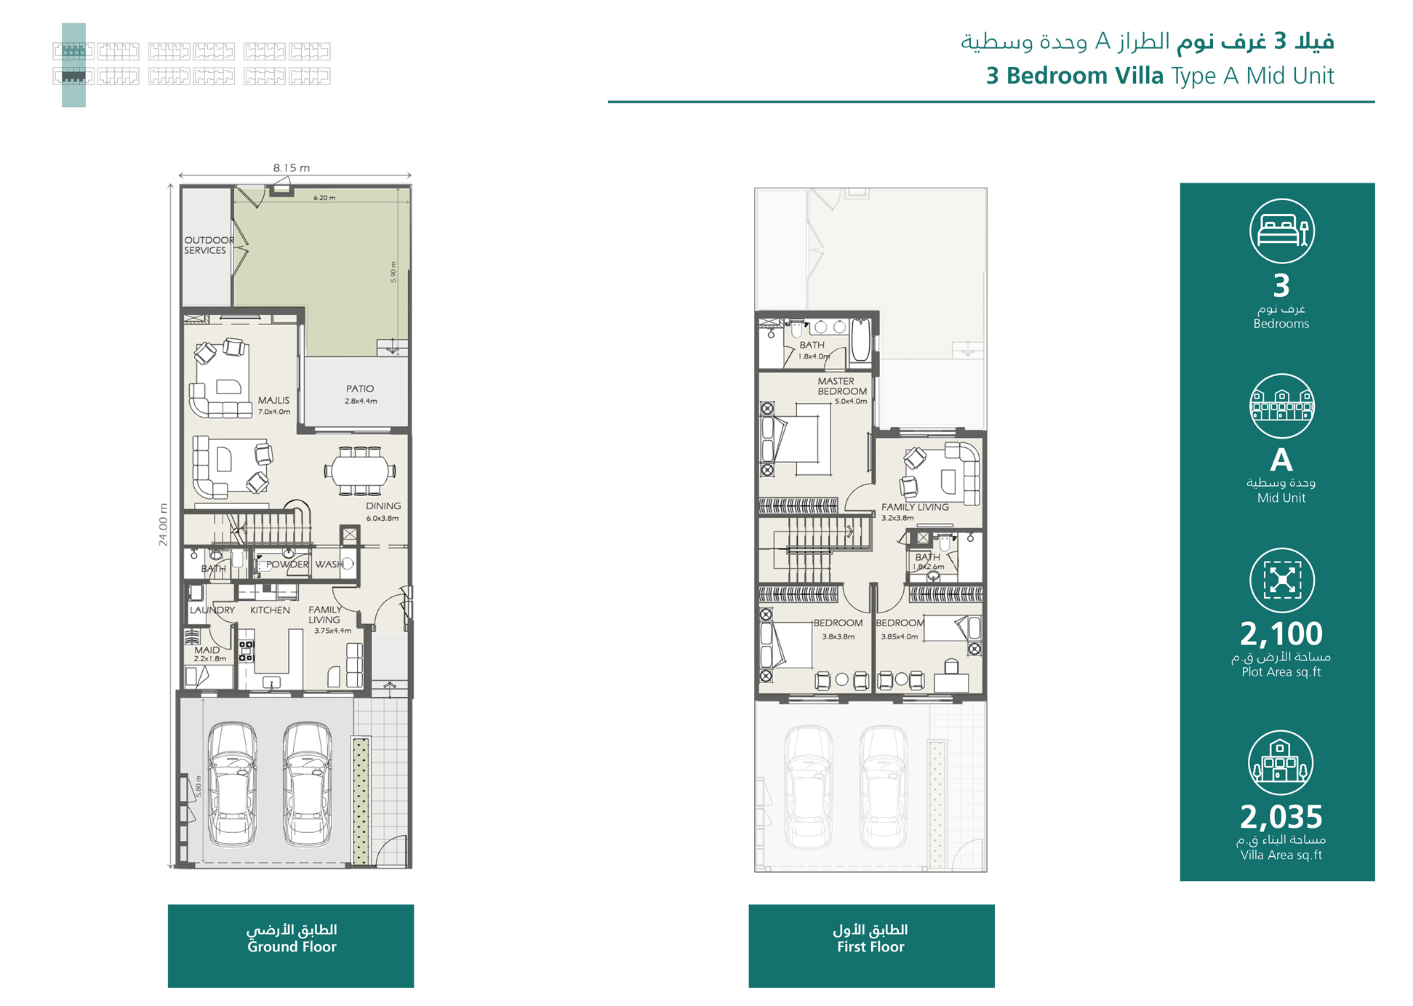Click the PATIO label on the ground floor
pos(360,389)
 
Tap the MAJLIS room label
pos(273,401)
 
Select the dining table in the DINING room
pos(360,471)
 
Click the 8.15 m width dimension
pos(292,168)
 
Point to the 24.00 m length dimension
pos(163,524)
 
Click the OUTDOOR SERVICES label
pos(208,245)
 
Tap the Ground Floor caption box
pos(291,945)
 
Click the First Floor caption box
pos(871,945)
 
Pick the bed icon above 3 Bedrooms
pos(1281,231)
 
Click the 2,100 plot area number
pos(1281,634)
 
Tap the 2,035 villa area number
pos(1281,817)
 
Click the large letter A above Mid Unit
pos(1281,460)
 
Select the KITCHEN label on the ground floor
pos(270,610)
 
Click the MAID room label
pos(207,650)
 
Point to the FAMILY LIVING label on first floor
pos(915,507)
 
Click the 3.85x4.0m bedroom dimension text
pos(900,636)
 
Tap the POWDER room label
pos(287,564)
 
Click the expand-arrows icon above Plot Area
pos(1281,580)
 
